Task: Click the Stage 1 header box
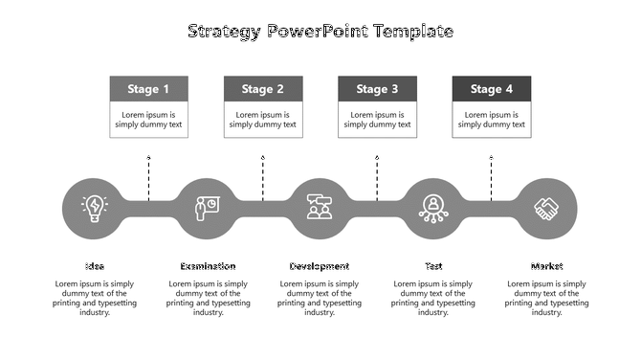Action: click(x=148, y=89)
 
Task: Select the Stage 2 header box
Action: click(x=262, y=89)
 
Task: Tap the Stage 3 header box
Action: click(x=377, y=89)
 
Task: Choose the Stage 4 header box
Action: click(x=491, y=89)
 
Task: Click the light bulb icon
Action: click(x=94, y=208)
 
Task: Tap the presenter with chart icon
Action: click(x=207, y=208)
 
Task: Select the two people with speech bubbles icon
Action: click(x=320, y=208)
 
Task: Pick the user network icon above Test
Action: click(x=433, y=208)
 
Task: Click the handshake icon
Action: click(x=547, y=208)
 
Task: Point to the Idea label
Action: click(x=94, y=266)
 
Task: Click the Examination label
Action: click(x=208, y=266)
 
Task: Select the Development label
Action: click(x=320, y=266)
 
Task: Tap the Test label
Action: click(x=433, y=266)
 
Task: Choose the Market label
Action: click(x=547, y=266)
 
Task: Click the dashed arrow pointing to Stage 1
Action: click(x=148, y=177)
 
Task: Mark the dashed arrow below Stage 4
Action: click(x=491, y=177)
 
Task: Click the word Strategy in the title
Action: click(x=225, y=32)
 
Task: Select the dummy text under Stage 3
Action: click(x=377, y=120)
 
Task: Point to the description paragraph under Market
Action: click(x=547, y=298)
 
